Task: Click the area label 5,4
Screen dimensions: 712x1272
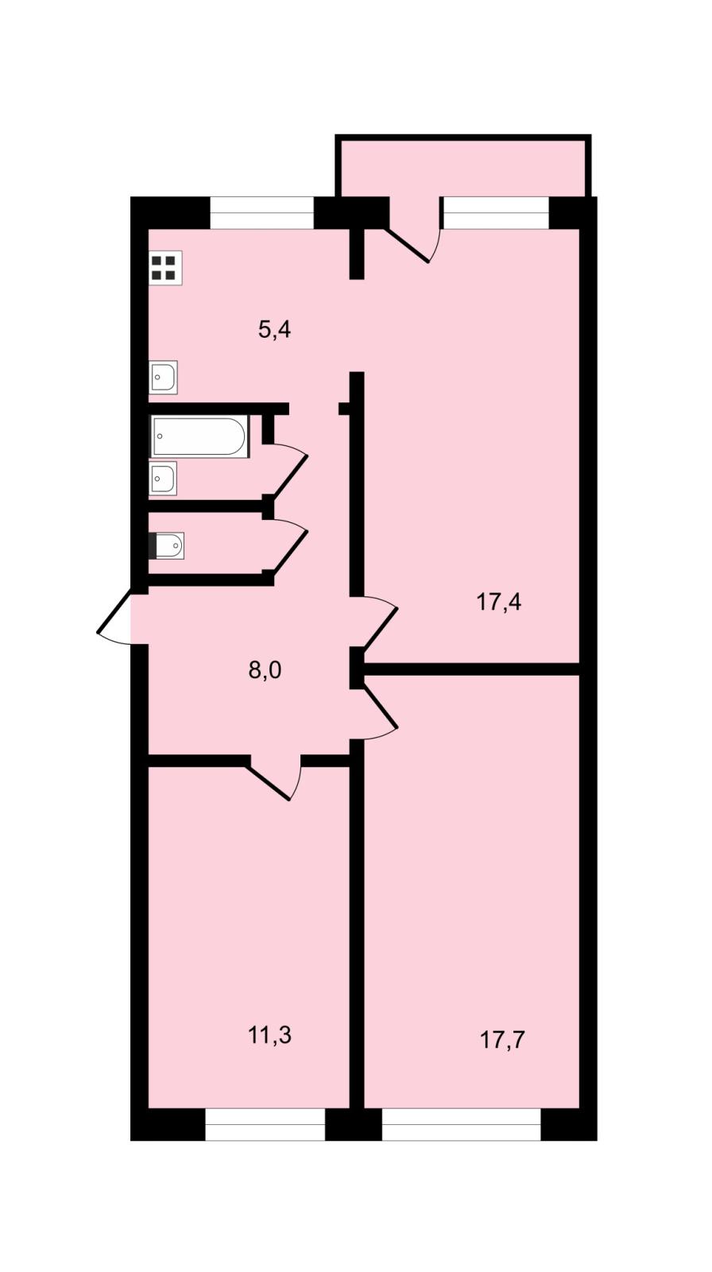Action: tap(274, 329)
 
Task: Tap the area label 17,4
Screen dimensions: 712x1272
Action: tap(498, 601)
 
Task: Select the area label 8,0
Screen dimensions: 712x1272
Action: tap(265, 670)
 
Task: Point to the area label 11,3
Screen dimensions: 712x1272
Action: tap(269, 1035)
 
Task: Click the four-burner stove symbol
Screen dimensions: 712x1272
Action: tap(166, 267)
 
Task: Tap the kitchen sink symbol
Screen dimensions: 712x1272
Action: tap(163, 377)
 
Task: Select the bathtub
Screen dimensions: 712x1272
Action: tap(199, 436)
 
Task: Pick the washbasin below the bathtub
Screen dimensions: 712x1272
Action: tap(163, 478)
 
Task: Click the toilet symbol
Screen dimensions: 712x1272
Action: tap(166, 545)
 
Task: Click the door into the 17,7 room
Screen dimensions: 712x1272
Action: tap(379, 712)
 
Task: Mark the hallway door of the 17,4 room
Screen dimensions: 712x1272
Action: tap(379, 623)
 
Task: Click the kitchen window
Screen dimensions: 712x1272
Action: tap(262, 213)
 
